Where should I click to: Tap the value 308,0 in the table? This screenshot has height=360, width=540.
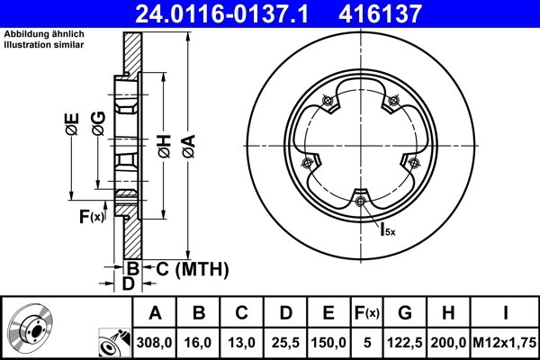point(154,343)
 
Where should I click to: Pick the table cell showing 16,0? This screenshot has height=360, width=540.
point(198,343)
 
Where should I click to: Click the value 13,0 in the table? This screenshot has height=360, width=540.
point(241,343)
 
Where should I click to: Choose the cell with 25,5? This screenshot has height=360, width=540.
point(284,343)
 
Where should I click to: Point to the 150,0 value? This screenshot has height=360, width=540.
point(328,343)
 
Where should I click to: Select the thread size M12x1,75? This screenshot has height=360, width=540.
point(505,343)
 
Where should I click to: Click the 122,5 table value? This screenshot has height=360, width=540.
point(406,343)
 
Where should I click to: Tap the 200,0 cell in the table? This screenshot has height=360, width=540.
point(450,343)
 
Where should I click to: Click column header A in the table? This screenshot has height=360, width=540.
point(154,314)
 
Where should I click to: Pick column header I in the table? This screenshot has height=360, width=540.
point(505,314)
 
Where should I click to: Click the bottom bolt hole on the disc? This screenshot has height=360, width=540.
point(361,201)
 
